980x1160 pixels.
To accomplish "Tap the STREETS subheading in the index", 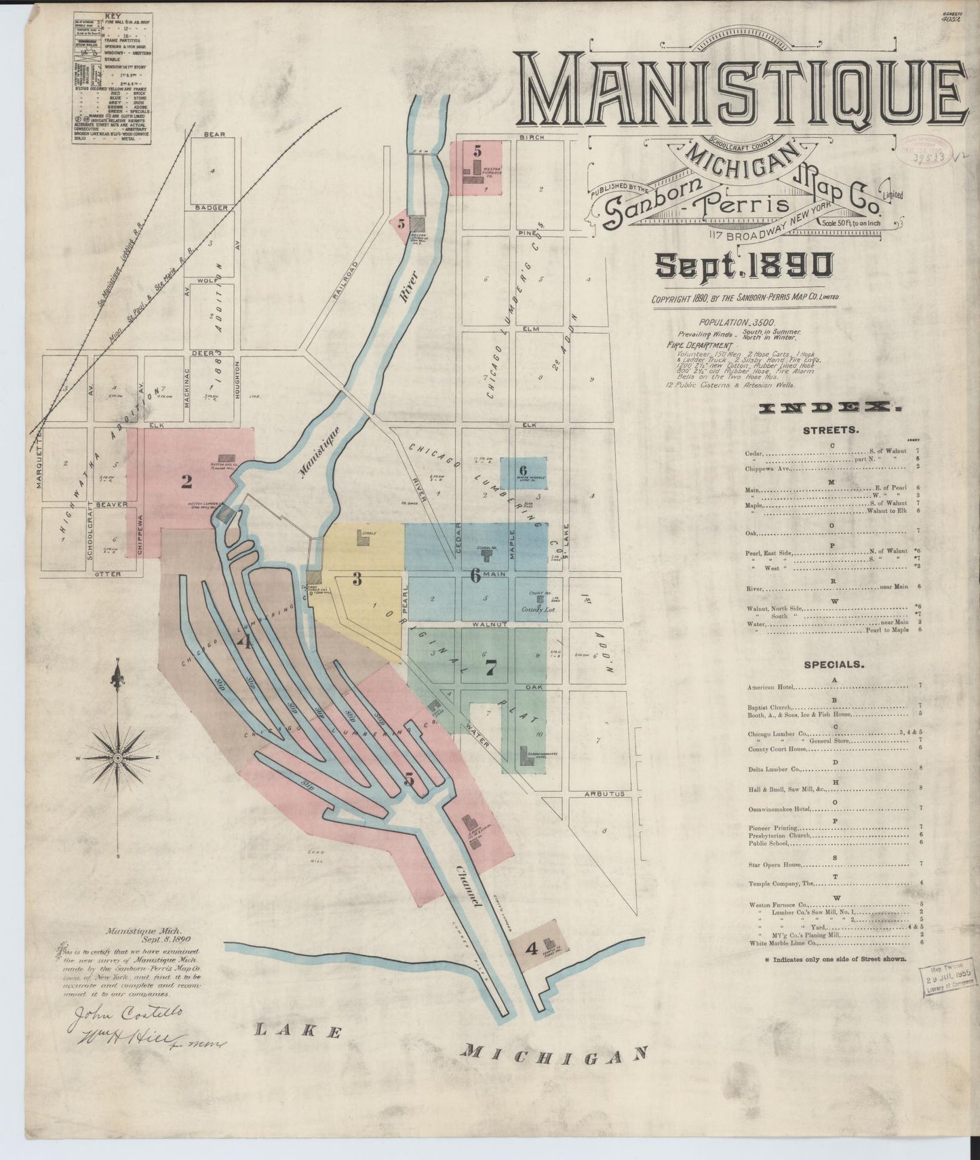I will coord(831,431).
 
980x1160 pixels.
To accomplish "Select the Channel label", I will coord(469,887).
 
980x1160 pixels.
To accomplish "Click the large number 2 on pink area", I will coord(186,482).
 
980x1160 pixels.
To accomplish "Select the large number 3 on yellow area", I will coord(356,579).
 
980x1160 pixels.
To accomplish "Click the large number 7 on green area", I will coord(490,668).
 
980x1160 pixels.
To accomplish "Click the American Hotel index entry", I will coord(773,687).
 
